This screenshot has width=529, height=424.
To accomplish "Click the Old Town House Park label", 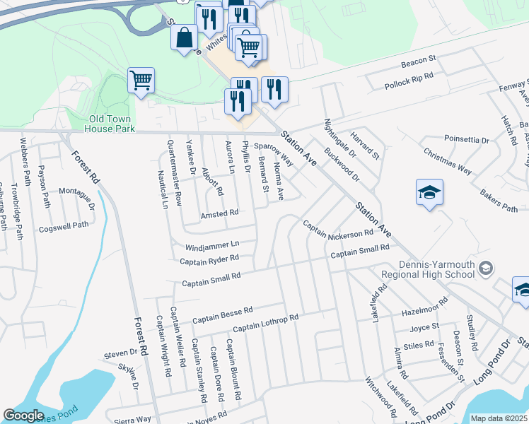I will tap(109, 124).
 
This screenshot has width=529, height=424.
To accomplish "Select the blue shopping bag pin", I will tap(185, 39).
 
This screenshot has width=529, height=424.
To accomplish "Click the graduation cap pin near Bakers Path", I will tap(429, 194).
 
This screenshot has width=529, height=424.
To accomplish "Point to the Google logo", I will tap(23, 416).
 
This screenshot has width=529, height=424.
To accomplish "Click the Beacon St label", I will tap(419, 63).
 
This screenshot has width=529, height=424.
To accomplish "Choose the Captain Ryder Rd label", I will tap(209, 260).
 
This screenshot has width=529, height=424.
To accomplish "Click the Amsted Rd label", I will tap(219, 213).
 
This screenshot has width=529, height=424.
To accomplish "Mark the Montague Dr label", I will tap(76, 199).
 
